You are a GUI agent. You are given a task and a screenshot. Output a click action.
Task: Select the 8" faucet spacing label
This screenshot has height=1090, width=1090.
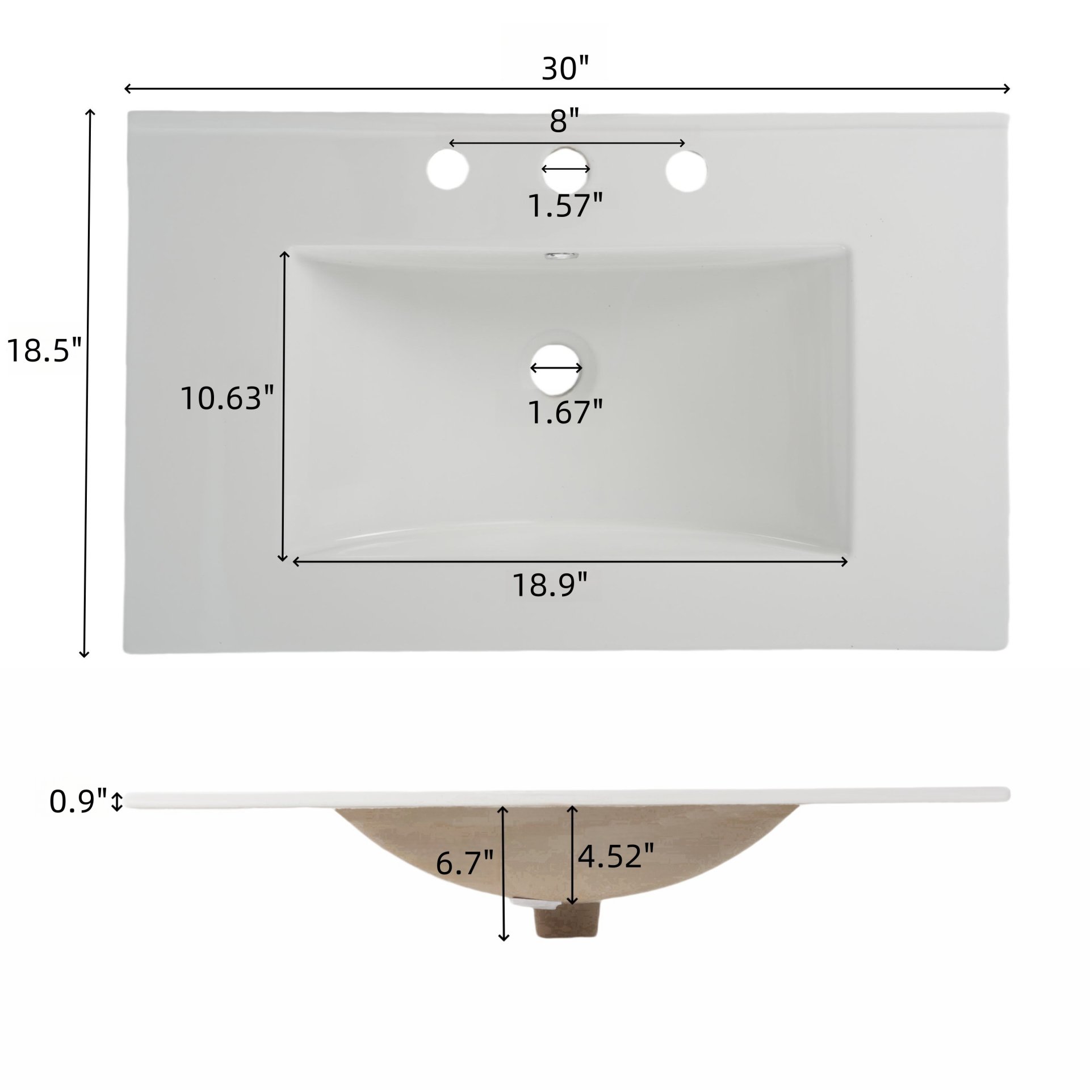pos(564,121)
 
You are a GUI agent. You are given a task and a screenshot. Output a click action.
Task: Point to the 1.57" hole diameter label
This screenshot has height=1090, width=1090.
pos(564,206)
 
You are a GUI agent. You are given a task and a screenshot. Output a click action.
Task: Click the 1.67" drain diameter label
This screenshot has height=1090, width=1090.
pos(564,412)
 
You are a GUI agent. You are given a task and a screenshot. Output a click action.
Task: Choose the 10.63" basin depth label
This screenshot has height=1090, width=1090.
pos(228,397)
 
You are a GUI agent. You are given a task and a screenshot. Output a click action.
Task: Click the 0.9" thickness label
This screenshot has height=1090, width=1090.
pos(78,802)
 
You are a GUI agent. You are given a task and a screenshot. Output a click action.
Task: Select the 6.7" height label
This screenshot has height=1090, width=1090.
pos(465,864)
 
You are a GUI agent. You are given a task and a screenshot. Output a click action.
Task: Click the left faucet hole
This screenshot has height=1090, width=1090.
pos(448,170)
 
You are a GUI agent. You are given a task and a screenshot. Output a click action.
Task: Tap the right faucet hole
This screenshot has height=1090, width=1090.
pos(686,170)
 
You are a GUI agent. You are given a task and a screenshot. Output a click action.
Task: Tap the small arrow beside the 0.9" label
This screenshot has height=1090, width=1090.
pos(118,802)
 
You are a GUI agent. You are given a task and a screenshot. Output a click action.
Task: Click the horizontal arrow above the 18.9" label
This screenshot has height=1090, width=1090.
pos(570,562)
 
